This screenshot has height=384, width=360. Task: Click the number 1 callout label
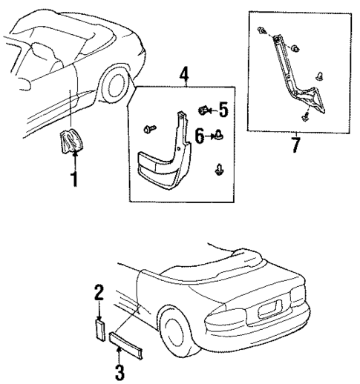(73, 179)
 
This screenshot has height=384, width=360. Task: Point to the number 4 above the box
(184, 75)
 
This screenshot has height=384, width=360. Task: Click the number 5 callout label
(223, 112)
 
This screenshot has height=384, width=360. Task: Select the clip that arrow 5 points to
(203, 111)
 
